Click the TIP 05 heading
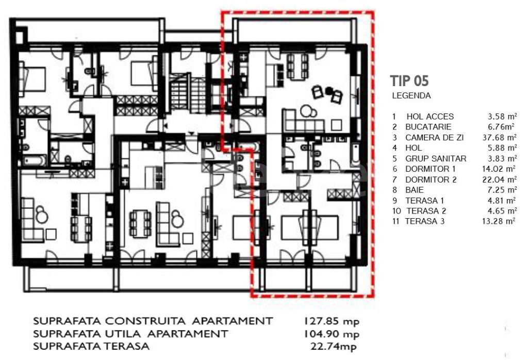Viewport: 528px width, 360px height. click(409, 81)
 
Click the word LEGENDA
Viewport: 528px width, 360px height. click(411, 95)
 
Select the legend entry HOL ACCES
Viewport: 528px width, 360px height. click(430, 117)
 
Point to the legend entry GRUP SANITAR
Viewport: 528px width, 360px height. click(436, 159)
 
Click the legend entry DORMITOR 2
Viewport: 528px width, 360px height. click(431, 180)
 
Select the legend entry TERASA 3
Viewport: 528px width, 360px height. click(425, 221)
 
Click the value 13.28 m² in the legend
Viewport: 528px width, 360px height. click(499, 221)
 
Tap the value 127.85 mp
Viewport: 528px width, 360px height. click(332, 321)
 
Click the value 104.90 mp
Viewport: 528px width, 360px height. click(332, 334)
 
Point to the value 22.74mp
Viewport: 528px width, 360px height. click(333, 346)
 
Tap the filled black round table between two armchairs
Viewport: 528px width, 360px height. click(328, 90)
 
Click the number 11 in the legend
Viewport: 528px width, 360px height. click(395, 221)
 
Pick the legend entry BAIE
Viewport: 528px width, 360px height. click(415, 190)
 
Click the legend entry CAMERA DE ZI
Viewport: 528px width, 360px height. click(434, 137)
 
